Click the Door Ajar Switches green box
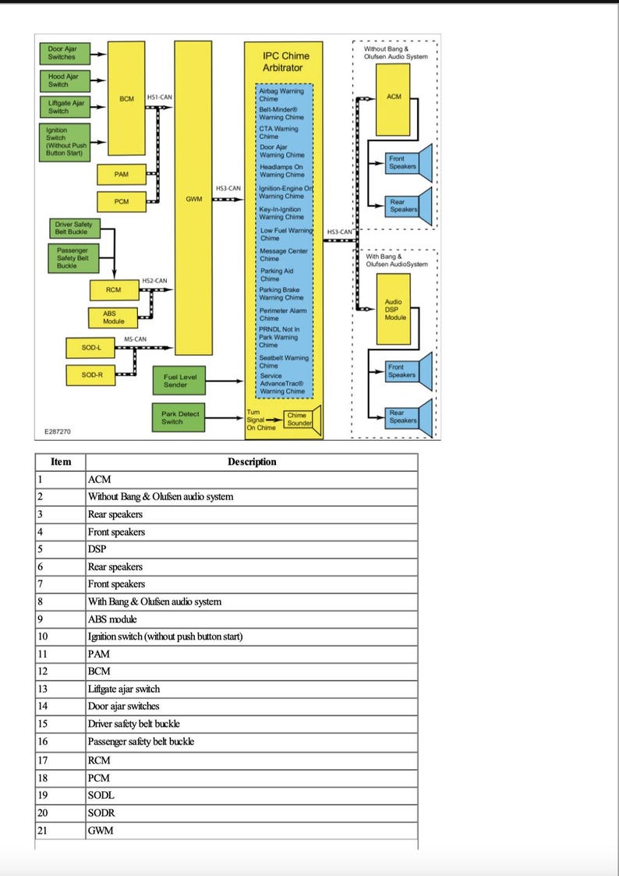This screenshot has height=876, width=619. click(x=62, y=53)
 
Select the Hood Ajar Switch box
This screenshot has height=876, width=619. click(x=62, y=80)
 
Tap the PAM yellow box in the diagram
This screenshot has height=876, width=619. click(x=121, y=175)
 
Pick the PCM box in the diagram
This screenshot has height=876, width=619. click(x=121, y=201)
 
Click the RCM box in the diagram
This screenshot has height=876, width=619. click(x=113, y=290)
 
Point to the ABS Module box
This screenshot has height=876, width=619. click(x=113, y=317)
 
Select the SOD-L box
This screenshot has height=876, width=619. click(x=92, y=347)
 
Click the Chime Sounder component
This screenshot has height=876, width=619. click(x=299, y=420)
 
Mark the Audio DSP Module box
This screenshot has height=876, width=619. click(x=395, y=310)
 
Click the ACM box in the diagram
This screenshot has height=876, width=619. click(x=394, y=98)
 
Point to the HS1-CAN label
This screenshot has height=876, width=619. click(x=159, y=98)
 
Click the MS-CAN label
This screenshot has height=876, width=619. click(x=135, y=339)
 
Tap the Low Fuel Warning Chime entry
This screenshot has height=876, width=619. click(x=286, y=234)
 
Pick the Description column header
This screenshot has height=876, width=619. click(x=252, y=462)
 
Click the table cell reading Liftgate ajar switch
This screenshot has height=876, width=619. click(x=124, y=689)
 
